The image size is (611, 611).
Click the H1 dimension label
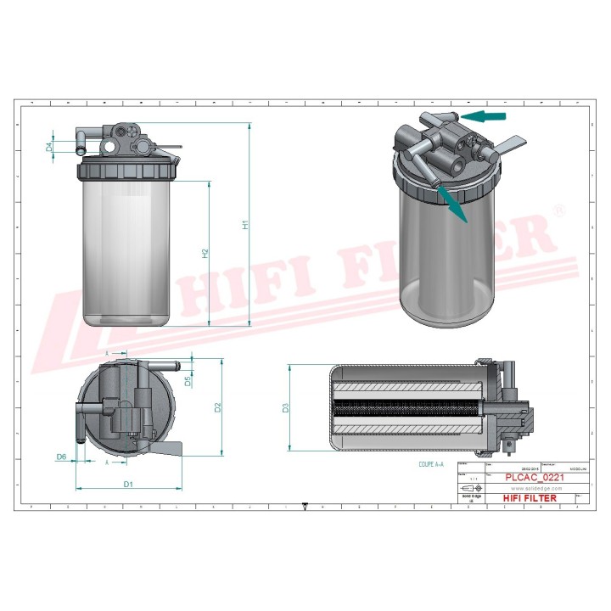(244, 226)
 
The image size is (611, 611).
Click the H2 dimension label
(205, 253)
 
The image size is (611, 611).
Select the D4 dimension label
(49, 147)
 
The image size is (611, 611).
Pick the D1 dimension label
(128, 485)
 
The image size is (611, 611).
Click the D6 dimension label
(61, 457)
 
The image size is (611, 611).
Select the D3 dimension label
(285, 408)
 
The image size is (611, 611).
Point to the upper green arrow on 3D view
(486, 115)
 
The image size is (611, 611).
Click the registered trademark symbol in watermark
(558, 210)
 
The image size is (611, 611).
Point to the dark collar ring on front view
(130, 167)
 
